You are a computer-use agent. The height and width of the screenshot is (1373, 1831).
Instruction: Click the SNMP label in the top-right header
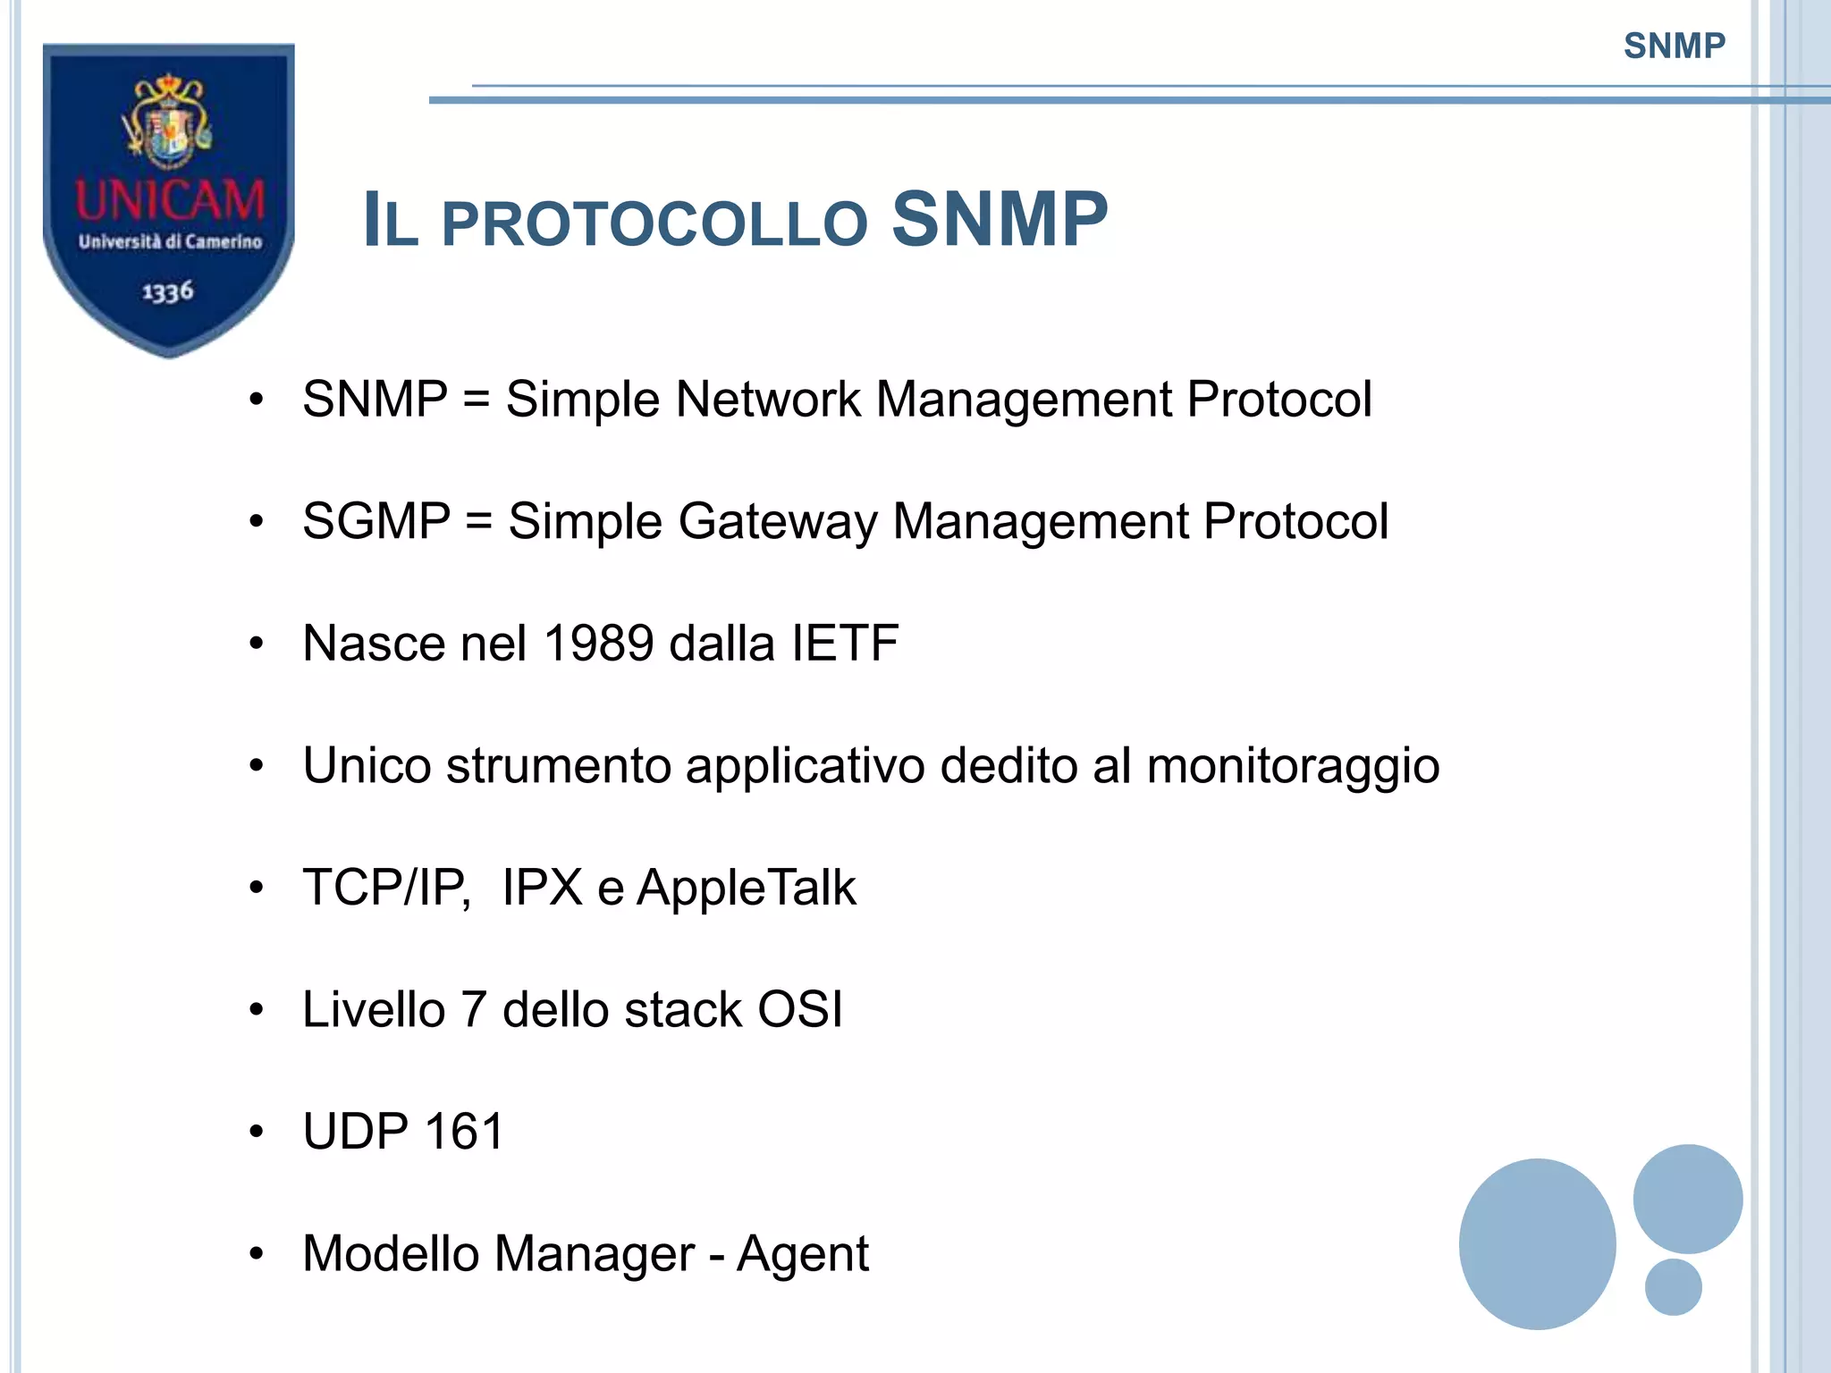(1674, 46)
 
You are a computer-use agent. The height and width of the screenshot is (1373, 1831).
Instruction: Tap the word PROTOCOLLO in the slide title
(654, 223)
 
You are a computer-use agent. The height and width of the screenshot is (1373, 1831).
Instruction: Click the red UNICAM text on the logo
(170, 200)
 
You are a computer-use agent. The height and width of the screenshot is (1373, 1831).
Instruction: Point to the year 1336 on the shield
(168, 291)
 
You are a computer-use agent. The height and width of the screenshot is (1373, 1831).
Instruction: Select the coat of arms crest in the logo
(168, 122)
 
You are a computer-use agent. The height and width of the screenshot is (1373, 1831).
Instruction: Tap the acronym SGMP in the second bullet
(376, 521)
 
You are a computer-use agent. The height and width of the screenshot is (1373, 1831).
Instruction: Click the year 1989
(598, 643)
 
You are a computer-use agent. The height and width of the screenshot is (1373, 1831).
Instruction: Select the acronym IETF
(844, 643)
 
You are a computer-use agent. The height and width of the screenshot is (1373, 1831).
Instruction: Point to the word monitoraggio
(1293, 767)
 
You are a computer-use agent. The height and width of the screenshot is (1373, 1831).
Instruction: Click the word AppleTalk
(746, 888)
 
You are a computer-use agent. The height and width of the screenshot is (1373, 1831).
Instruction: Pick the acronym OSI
(800, 1009)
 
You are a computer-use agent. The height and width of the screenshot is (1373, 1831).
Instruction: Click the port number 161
(465, 1132)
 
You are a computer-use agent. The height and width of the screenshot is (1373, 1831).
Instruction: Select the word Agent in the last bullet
(802, 1254)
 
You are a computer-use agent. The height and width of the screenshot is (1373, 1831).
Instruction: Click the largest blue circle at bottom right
(1537, 1243)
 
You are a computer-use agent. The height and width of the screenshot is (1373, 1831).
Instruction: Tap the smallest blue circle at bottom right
(1673, 1286)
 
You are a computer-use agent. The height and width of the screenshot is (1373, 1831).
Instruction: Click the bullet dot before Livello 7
(257, 1010)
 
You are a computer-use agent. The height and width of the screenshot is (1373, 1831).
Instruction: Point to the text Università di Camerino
(170, 241)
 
